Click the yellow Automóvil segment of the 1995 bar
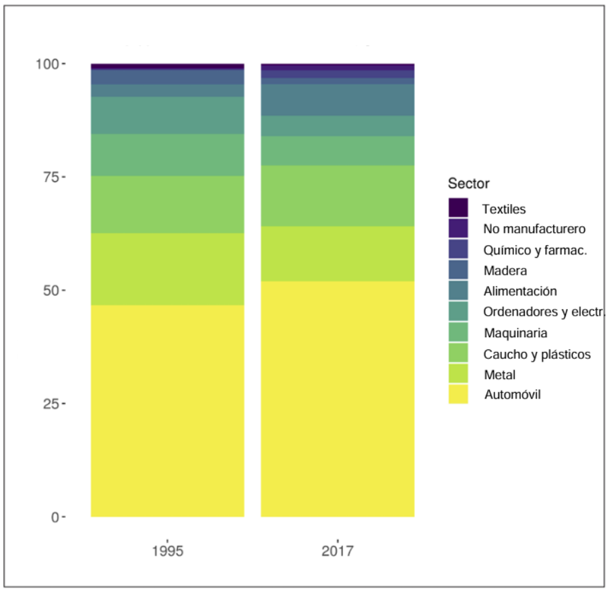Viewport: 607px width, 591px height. pyautogui.click(x=167, y=411)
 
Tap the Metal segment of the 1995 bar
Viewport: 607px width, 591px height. pyautogui.click(x=167, y=269)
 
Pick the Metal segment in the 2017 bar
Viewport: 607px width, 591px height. pyautogui.click(x=337, y=254)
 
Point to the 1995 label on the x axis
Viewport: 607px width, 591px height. pyautogui.click(x=167, y=551)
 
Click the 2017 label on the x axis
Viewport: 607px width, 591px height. pyautogui.click(x=337, y=551)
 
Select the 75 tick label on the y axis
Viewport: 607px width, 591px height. pyautogui.click(x=51, y=177)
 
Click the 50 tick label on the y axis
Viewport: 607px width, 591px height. pyautogui.click(x=51, y=290)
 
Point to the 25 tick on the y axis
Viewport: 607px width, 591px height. pyautogui.click(x=51, y=404)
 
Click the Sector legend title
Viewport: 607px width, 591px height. pyautogui.click(x=468, y=183)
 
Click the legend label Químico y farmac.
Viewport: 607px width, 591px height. pyautogui.click(x=535, y=250)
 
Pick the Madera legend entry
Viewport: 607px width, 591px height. pyautogui.click(x=505, y=271)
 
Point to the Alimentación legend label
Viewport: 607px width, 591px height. pyautogui.click(x=520, y=291)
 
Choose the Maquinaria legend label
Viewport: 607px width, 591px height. pyautogui.click(x=515, y=333)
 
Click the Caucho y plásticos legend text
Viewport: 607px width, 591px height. pyautogui.click(x=537, y=353)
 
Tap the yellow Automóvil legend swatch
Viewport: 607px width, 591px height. pyautogui.click(x=458, y=394)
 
